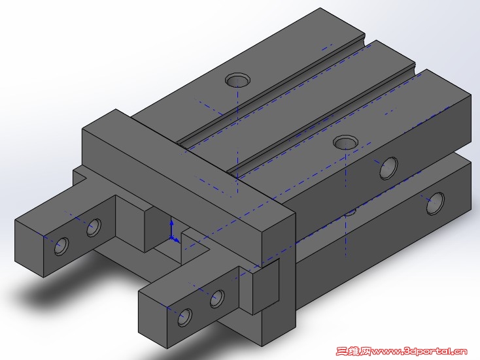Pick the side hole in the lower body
[435, 203]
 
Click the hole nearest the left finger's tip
[62, 246]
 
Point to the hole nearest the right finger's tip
[185, 318]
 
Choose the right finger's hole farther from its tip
[216, 299]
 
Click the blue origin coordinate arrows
[173, 232]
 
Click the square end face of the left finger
[29, 248]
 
